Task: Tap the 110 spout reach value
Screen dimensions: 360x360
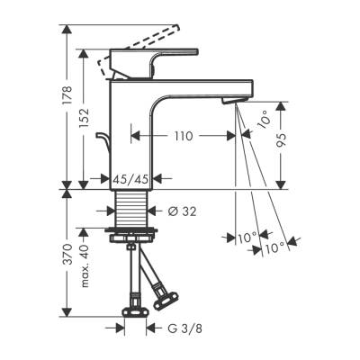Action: tap(184, 136)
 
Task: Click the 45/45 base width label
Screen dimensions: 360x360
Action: tap(132, 180)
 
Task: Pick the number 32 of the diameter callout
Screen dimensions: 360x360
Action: tap(192, 212)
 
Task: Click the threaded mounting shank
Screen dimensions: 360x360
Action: tap(132, 211)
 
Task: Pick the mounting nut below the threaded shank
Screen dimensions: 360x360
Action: tap(132, 238)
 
